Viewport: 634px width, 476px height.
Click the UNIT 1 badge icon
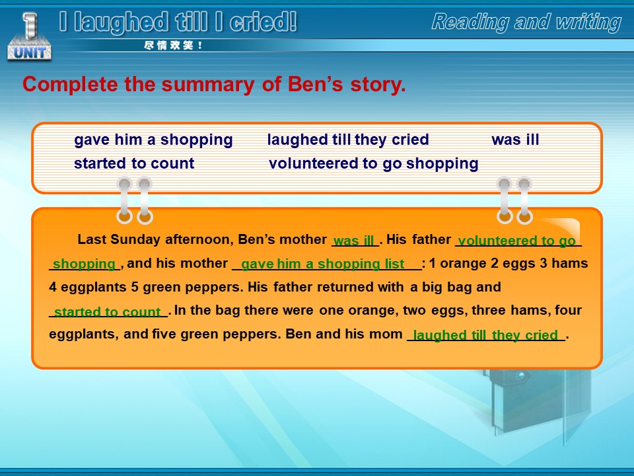coord(29,36)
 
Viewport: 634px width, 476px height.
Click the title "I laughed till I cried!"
coord(178,22)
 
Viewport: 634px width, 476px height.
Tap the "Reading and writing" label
coord(526,22)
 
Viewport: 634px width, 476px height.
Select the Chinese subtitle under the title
coord(172,46)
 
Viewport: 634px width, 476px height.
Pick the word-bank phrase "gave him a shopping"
coord(153,140)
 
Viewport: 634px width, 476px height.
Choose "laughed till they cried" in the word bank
coord(348,139)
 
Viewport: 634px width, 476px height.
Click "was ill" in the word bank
coord(515,139)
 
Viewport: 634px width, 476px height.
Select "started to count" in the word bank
coord(134,163)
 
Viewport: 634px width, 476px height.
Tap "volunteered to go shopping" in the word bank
coord(374,163)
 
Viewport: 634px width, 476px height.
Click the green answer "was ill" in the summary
coord(354,241)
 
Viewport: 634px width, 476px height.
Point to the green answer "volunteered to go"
coord(516,241)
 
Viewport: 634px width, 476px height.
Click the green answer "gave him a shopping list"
coord(323,264)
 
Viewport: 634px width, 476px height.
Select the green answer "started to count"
coord(107,311)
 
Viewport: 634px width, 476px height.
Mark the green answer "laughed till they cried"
coord(485,335)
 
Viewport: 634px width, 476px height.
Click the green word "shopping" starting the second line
coord(84,264)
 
